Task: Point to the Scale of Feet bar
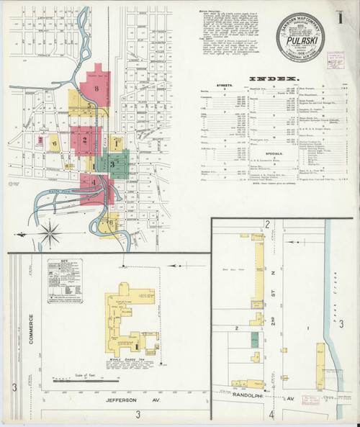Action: (84, 377)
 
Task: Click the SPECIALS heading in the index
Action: (263, 153)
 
